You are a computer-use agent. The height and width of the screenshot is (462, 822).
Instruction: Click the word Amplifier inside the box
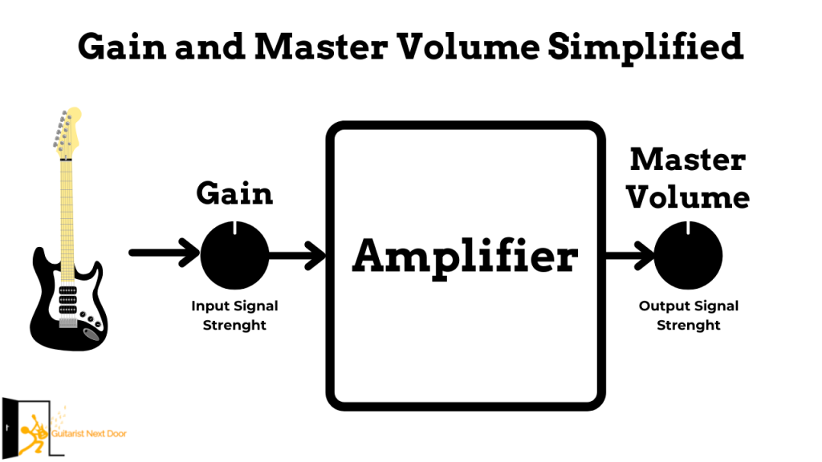point(465,257)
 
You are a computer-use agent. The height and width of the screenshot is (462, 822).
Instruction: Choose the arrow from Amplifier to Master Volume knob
point(631,256)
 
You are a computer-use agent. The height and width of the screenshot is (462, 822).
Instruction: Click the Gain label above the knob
point(234,193)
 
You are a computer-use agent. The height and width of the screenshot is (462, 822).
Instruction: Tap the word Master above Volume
point(687,160)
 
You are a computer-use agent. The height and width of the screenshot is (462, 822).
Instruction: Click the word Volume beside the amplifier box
point(688,197)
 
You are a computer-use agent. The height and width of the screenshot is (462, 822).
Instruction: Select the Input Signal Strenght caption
point(234,315)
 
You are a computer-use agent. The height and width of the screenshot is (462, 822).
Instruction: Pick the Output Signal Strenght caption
point(688,315)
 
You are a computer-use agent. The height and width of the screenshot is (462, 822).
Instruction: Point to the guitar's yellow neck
point(68,209)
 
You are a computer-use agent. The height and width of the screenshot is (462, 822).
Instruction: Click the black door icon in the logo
point(11,426)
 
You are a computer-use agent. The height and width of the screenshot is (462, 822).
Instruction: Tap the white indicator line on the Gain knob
point(234,229)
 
